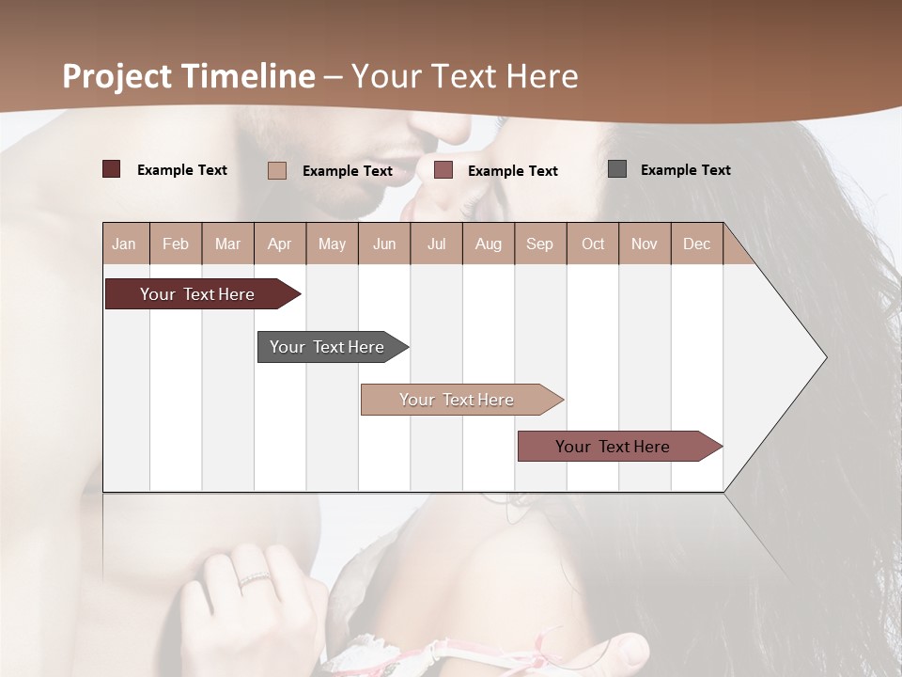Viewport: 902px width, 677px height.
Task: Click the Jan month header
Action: [124, 244]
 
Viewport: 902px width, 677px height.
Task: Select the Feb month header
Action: [176, 244]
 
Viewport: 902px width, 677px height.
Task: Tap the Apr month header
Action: [279, 244]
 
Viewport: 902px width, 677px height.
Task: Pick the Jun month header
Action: [384, 244]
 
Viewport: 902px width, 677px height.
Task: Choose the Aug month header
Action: [488, 244]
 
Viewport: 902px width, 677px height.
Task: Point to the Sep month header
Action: [539, 244]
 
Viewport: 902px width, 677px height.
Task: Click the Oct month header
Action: [593, 244]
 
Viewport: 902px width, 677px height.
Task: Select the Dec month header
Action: [696, 244]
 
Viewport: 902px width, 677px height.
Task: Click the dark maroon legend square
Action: [112, 169]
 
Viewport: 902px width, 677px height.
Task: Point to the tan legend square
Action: [277, 170]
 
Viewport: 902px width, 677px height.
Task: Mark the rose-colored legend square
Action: [443, 170]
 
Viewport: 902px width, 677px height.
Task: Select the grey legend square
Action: [617, 169]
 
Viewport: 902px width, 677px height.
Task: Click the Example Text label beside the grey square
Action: [685, 170]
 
